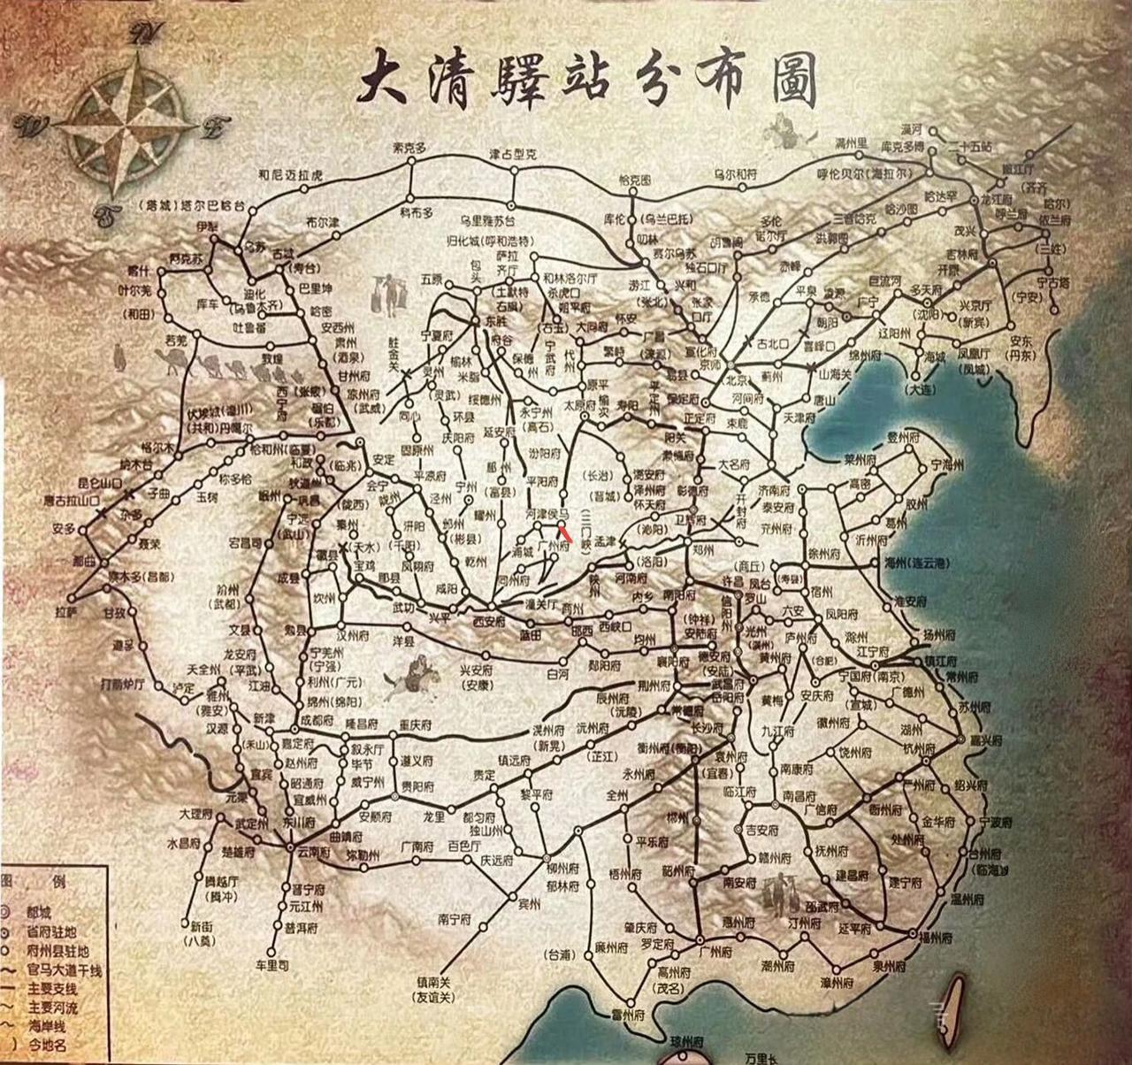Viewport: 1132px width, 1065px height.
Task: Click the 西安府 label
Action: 488,622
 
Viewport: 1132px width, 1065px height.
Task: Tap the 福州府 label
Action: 936,937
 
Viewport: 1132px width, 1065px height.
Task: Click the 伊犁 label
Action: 207,227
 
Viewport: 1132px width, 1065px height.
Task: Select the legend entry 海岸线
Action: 47,1026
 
